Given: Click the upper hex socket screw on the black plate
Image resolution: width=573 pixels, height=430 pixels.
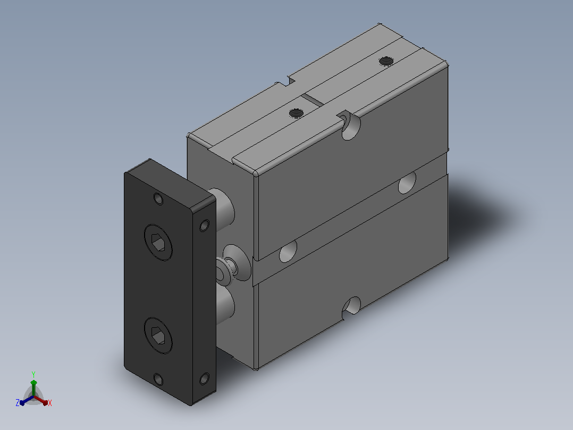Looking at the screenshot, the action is (x=158, y=242).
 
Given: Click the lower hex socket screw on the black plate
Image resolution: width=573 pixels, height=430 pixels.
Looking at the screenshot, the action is (x=158, y=335).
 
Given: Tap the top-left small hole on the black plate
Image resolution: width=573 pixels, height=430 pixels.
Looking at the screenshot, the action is (x=158, y=199).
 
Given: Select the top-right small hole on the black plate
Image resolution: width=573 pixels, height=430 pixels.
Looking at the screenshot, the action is (x=204, y=225).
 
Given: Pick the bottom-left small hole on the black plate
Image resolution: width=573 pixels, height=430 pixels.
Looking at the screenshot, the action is (x=158, y=379).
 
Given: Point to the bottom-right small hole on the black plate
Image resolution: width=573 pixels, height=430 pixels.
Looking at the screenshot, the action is (x=204, y=378).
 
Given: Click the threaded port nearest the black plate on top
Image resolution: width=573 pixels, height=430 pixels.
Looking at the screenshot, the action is (x=296, y=113).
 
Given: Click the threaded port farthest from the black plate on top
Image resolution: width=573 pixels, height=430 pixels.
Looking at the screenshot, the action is (x=385, y=61).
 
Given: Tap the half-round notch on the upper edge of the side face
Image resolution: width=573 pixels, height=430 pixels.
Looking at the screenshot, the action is (x=350, y=126).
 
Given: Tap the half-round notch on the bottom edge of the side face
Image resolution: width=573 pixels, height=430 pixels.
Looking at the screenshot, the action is (x=351, y=307).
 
